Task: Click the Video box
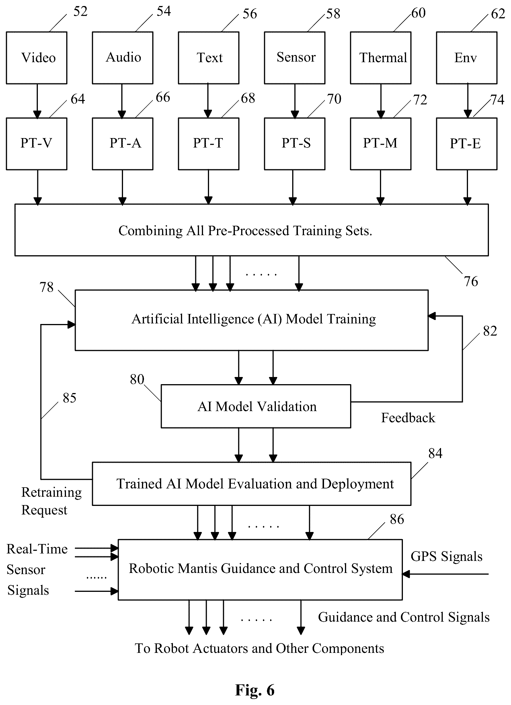pos(37,58)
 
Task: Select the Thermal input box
pos(381,58)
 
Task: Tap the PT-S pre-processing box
pos(295,144)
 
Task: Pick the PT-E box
pos(467,144)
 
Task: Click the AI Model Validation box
pos(256,406)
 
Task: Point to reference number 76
pos(471,281)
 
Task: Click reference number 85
pos(69,398)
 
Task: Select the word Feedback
pos(408,418)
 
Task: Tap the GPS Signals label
pos(446,556)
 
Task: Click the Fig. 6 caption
pos(255,690)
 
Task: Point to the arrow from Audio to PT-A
pos(122,101)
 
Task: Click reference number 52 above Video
pos(80,12)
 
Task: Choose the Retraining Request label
pos(51,501)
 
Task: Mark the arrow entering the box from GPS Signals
pos(445,574)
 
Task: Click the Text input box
pos(208,58)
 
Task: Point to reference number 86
pos(397,519)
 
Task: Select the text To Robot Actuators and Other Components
pos(259,649)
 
